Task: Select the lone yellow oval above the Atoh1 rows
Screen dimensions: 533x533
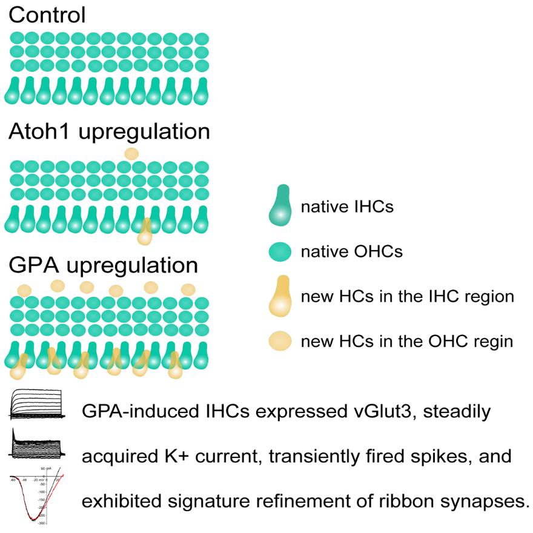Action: coord(131,154)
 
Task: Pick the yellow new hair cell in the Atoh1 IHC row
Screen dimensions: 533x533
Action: coord(145,232)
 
